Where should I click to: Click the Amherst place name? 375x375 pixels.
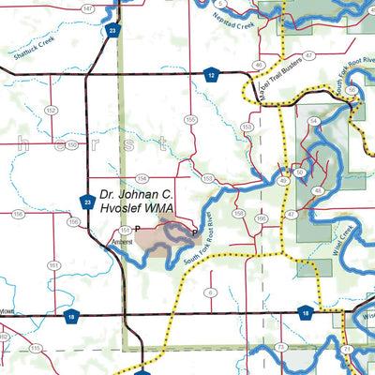(122, 242)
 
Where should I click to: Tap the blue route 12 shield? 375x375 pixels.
(212, 73)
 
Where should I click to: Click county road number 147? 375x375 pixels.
(86, 7)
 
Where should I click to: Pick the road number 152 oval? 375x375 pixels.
(50, 110)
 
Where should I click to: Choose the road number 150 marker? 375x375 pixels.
(71, 144)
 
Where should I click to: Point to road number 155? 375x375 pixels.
(190, 119)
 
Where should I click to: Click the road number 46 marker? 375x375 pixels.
(257, 65)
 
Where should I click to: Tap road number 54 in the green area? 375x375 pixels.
(313, 122)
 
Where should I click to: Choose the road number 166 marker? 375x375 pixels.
(261, 219)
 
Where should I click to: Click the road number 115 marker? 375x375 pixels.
(35, 348)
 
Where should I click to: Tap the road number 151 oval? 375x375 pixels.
(125, 228)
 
